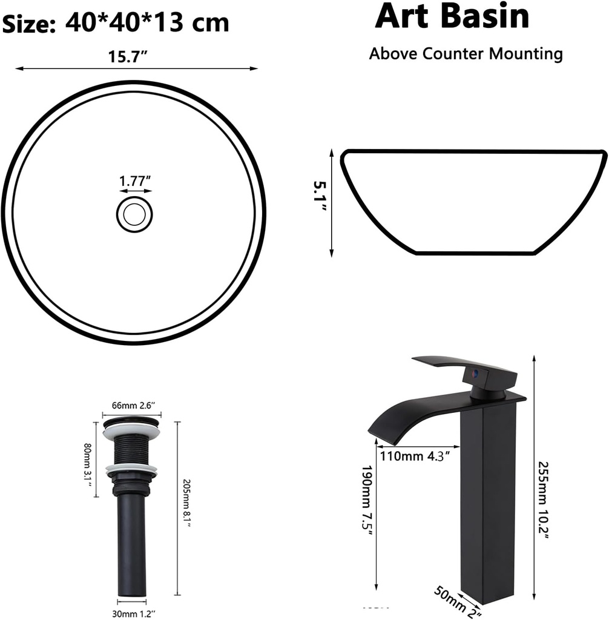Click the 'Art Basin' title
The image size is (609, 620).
point(452,16)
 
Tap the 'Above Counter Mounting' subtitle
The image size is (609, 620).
point(466,53)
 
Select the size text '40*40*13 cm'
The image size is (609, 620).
point(146,23)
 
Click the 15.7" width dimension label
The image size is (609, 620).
point(129,57)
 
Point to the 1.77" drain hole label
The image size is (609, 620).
point(134,180)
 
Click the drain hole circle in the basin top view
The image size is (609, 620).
point(134,214)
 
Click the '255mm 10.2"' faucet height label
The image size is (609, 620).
point(544,502)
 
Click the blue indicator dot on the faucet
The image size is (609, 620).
point(476,374)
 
